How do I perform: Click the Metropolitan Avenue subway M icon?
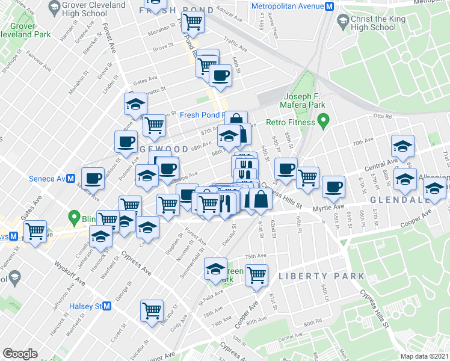click(x=329, y=7)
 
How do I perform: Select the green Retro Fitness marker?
click(x=322, y=123)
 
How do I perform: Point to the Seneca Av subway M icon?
click(x=70, y=179)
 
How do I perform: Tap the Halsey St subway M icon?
click(x=107, y=306)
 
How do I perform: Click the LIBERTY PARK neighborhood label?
click(x=321, y=276)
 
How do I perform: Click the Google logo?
click(x=20, y=353)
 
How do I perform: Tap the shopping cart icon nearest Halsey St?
click(x=152, y=310)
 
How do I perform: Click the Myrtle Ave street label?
click(x=325, y=206)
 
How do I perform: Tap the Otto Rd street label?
click(x=382, y=117)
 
